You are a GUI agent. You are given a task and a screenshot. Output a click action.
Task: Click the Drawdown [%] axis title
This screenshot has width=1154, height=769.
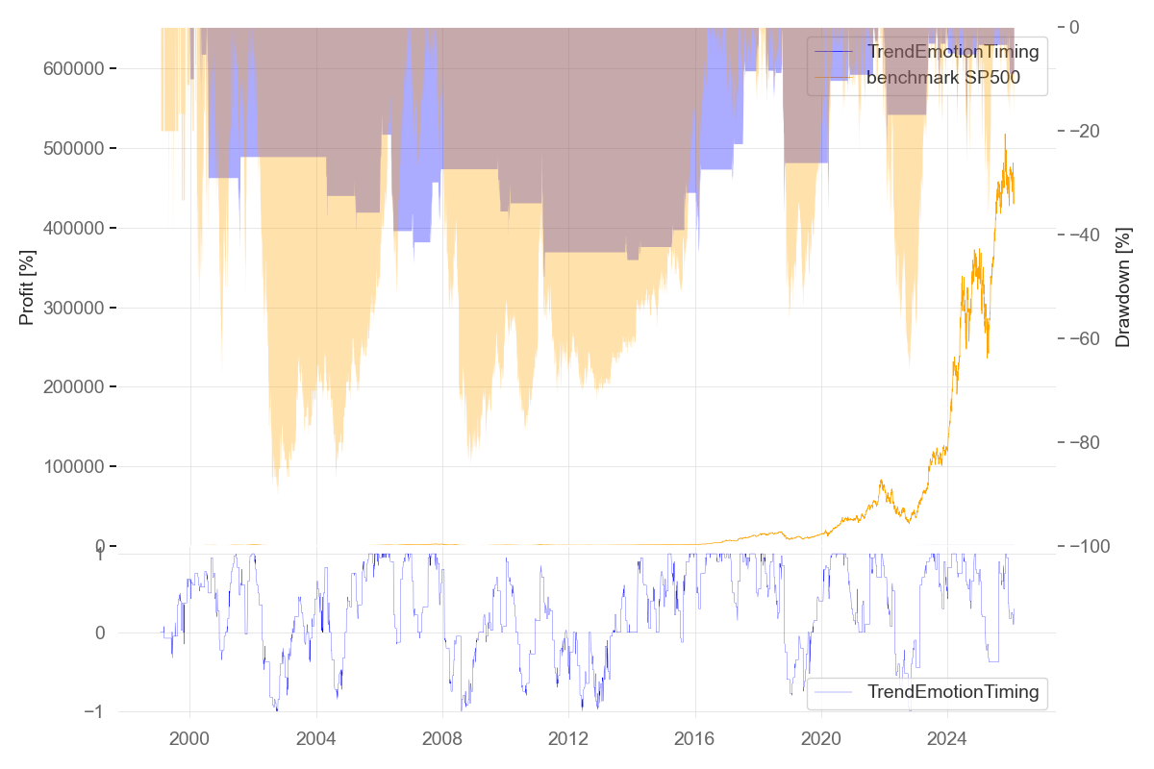click(1122, 286)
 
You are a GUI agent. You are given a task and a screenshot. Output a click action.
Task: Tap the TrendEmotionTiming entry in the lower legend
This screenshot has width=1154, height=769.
click(952, 691)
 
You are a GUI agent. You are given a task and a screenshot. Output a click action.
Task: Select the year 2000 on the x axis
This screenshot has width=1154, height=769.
click(189, 738)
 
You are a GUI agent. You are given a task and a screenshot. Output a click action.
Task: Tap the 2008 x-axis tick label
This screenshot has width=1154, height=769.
click(442, 738)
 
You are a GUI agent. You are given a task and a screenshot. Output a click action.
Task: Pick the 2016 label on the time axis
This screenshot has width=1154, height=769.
click(694, 738)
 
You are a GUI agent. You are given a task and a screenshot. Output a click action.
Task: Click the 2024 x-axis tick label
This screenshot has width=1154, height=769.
click(947, 738)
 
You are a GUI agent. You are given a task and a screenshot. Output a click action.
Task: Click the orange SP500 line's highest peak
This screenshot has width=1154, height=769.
click(1005, 135)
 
